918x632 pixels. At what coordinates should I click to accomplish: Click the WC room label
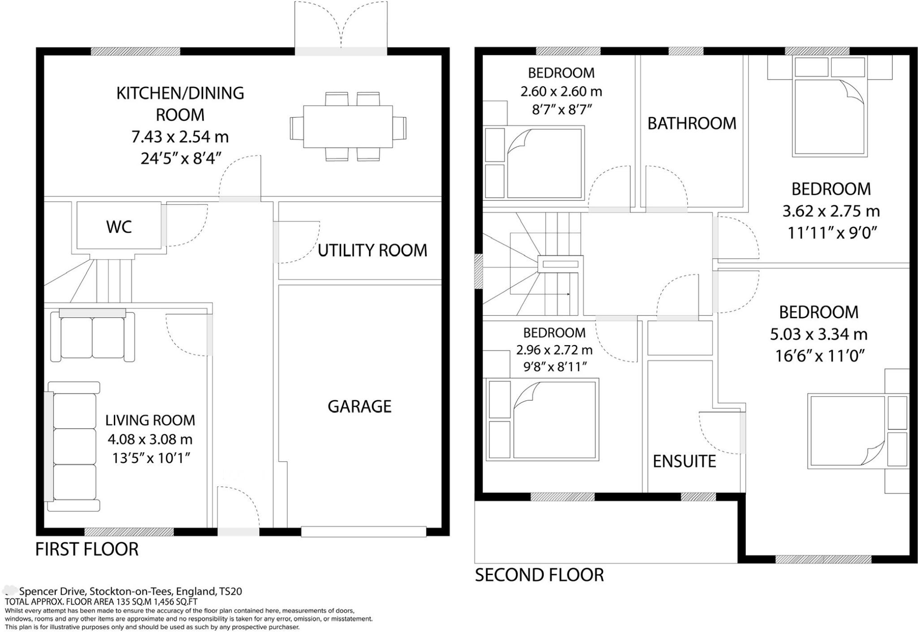pos(119,227)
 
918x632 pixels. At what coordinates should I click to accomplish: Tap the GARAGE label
pos(359,406)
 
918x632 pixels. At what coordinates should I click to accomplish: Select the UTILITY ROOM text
pos(372,250)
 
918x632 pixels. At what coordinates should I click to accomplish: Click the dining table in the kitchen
pos(348,126)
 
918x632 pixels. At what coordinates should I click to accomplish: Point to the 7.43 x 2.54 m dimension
pos(180,136)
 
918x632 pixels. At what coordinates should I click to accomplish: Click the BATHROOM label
pos(692,123)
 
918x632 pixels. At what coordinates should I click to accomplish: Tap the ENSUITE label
pos(684,461)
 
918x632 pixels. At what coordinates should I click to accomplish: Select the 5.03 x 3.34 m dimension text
pos(818,334)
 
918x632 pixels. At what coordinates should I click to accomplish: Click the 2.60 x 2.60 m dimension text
pos(561,91)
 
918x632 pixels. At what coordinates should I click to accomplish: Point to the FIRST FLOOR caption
pos(87,549)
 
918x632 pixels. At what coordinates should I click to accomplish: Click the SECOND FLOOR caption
pos(539,575)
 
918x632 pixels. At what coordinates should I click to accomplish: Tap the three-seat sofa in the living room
pos(74,447)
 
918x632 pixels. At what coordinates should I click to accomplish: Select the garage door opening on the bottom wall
pos(364,532)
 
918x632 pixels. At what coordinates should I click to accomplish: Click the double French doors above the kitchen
pos(341,27)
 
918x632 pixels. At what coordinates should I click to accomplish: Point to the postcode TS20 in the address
pos(231,591)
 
